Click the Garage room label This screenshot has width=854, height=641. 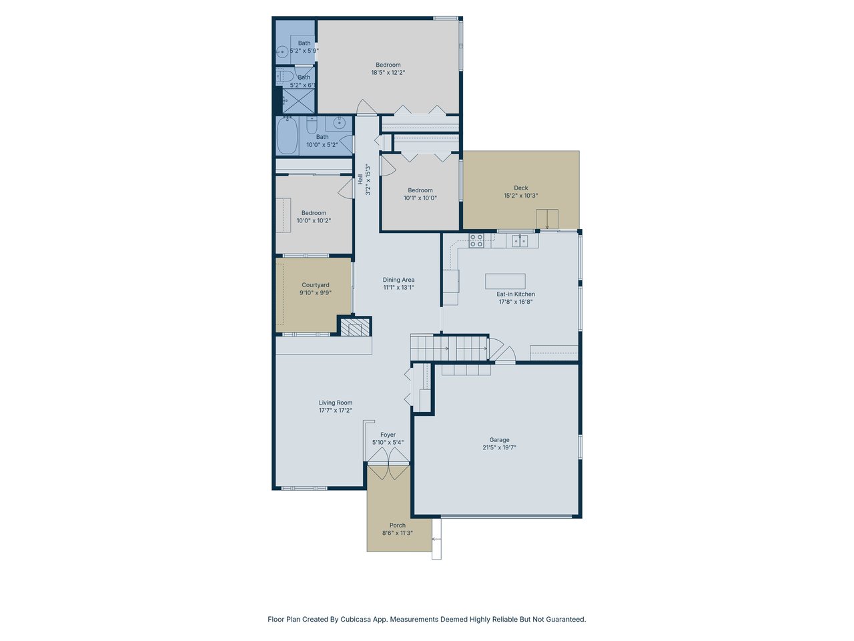tap(499, 440)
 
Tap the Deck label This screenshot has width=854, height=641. tap(520, 188)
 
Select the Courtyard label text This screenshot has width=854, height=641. tap(315, 285)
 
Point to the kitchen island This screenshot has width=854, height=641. tap(505, 281)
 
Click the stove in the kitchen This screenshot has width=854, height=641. tap(476, 240)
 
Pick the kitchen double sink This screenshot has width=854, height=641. tap(520, 241)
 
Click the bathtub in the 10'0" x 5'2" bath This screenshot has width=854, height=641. tap(288, 136)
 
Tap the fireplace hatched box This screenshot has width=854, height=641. tap(354, 327)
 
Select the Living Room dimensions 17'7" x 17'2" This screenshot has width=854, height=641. tap(336, 410)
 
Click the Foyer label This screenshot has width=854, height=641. tap(388, 435)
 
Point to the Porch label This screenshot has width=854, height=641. tap(398, 525)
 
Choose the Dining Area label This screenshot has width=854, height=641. tap(398, 280)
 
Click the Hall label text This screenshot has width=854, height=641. tap(360, 179)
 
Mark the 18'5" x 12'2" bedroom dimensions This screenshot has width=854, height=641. tap(388, 72)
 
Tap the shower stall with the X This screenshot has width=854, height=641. tap(298, 101)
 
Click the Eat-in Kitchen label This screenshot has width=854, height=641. tap(516, 294)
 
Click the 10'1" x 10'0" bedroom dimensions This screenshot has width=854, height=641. tap(420, 198)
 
